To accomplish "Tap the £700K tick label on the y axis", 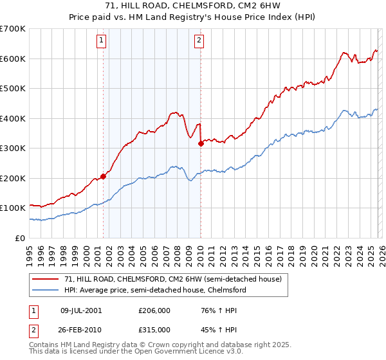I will click(13, 29).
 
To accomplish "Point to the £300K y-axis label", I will click(13, 148).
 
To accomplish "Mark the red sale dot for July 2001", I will click(103, 176).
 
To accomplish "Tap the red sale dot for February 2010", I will click(201, 144).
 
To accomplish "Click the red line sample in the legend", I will click(46, 279).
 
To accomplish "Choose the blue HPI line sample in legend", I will click(46, 290).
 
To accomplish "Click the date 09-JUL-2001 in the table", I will click(82, 310).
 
